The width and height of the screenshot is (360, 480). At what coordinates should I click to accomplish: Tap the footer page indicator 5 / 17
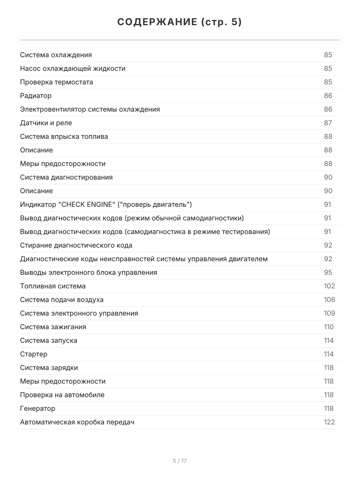point(180,461)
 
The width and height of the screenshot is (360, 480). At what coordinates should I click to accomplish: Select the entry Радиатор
point(36,96)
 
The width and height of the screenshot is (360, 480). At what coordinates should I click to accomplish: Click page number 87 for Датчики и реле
point(328,123)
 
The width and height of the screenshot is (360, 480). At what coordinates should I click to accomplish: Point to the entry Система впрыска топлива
point(64,136)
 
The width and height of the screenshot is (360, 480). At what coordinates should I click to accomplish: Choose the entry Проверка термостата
point(56,82)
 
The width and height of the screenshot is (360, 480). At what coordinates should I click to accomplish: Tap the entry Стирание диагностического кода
point(76,245)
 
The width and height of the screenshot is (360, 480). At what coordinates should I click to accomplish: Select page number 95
point(328,272)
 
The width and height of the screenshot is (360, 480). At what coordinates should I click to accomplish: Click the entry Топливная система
point(53,286)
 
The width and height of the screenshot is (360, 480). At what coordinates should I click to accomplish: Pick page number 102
point(329,286)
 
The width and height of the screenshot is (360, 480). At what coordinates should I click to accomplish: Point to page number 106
point(329,300)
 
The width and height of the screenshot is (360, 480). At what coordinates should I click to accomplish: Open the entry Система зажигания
point(53,327)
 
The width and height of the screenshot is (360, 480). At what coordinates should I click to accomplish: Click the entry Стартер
point(34,354)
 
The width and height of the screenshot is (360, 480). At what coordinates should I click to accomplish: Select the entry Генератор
point(38,408)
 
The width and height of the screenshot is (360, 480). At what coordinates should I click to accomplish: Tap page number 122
point(329,422)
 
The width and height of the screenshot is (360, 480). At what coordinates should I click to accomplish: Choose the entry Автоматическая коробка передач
point(77,422)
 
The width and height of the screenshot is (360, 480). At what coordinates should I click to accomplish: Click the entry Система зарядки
point(49,368)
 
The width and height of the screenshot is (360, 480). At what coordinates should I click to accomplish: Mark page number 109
point(329,313)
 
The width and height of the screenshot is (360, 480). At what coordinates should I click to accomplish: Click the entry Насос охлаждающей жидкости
point(73,68)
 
